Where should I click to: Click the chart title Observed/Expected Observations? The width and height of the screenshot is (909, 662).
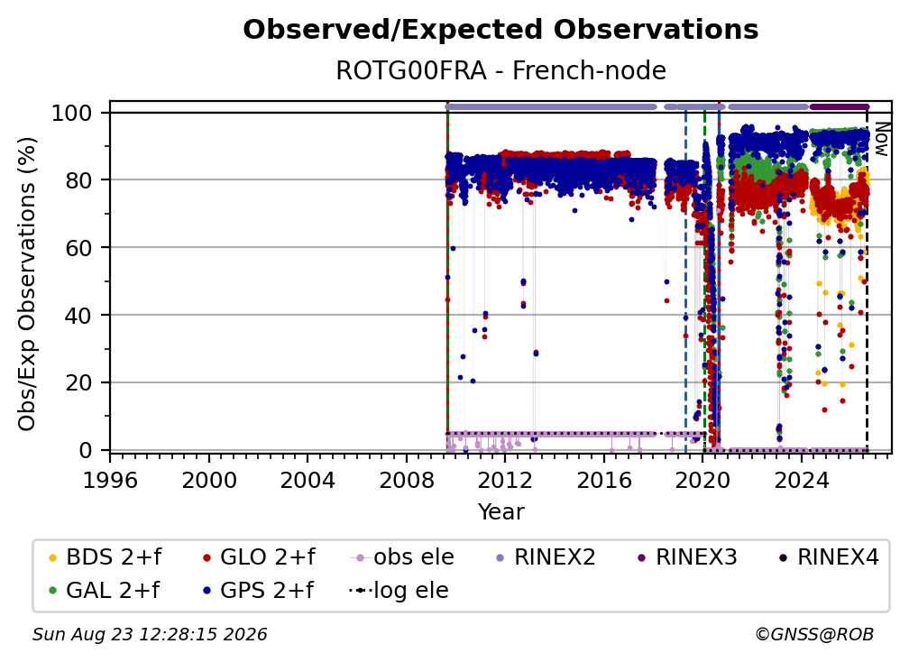click(500, 30)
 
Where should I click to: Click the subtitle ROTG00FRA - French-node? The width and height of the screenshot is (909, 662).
click(500, 70)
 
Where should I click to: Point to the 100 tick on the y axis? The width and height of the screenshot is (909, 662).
click(72, 113)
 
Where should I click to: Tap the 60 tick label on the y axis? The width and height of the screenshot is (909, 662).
click(78, 247)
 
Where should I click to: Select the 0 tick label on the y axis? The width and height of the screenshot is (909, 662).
click(86, 450)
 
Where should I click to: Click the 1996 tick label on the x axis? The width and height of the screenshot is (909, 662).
click(110, 480)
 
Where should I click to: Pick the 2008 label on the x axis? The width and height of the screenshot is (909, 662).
click(407, 480)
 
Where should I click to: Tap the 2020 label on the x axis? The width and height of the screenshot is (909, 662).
click(702, 480)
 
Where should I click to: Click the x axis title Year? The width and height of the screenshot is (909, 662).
click(500, 512)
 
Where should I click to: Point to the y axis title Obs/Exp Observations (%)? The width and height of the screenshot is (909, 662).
click(27, 283)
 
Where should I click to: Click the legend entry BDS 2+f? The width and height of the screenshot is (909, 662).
click(105, 557)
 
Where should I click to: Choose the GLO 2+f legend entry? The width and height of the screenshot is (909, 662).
click(259, 557)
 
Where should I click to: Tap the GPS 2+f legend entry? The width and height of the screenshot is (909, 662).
click(257, 590)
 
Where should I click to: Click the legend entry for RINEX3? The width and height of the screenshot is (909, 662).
click(687, 557)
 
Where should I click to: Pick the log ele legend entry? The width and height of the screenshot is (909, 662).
click(399, 590)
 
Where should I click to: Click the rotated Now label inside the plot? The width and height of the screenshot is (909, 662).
click(880, 139)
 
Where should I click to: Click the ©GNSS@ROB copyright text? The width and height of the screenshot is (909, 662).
click(814, 634)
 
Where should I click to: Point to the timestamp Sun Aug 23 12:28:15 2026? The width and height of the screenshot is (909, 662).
click(150, 634)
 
